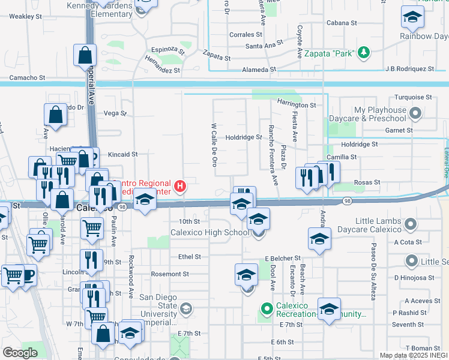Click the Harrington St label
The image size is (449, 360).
[x=297, y=105]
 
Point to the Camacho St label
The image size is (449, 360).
[x=28, y=78]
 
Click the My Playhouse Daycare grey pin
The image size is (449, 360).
[x=415, y=112]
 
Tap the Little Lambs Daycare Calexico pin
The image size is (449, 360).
[x=411, y=224]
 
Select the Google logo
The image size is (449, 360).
[x=20, y=352]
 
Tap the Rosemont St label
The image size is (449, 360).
[x=170, y=274]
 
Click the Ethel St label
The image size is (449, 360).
[x=189, y=257]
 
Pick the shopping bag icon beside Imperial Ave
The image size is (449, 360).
[x=85, y=55]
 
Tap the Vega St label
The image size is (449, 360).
[x=115, y=113]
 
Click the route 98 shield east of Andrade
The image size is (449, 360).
[x=348, y=200]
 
